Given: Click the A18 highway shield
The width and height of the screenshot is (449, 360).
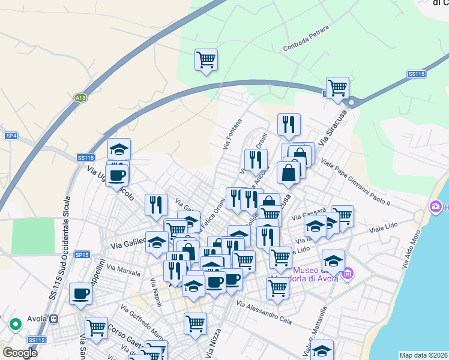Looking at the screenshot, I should (80, 97).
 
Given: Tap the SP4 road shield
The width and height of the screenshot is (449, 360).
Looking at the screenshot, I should (11, 136).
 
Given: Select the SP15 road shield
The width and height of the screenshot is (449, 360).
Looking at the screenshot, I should (82, 255).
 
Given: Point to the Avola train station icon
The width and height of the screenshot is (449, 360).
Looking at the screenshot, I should (54, 319).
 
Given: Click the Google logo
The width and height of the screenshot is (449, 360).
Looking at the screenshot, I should (20, 353).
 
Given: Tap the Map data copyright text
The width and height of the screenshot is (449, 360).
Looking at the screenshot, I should (423, 355).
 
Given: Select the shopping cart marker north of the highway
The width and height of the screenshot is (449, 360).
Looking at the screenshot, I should (206, 59).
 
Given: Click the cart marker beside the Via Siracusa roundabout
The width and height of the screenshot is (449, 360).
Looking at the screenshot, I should (337, 88).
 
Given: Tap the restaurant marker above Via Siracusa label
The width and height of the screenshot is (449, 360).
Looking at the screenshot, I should (289, 124).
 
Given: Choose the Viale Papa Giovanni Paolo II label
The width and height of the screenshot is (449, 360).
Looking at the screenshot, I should (356, 182).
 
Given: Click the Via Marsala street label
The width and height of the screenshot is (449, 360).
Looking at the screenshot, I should (123, 271).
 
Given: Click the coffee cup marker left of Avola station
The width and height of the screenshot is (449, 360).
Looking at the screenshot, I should (80, 293).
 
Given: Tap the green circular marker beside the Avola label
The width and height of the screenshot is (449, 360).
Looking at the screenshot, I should (15, 325).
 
